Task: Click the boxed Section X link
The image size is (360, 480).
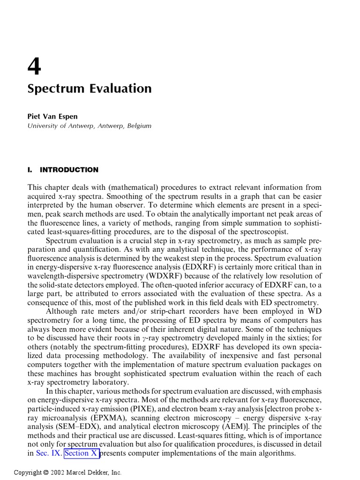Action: coord(82,453)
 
